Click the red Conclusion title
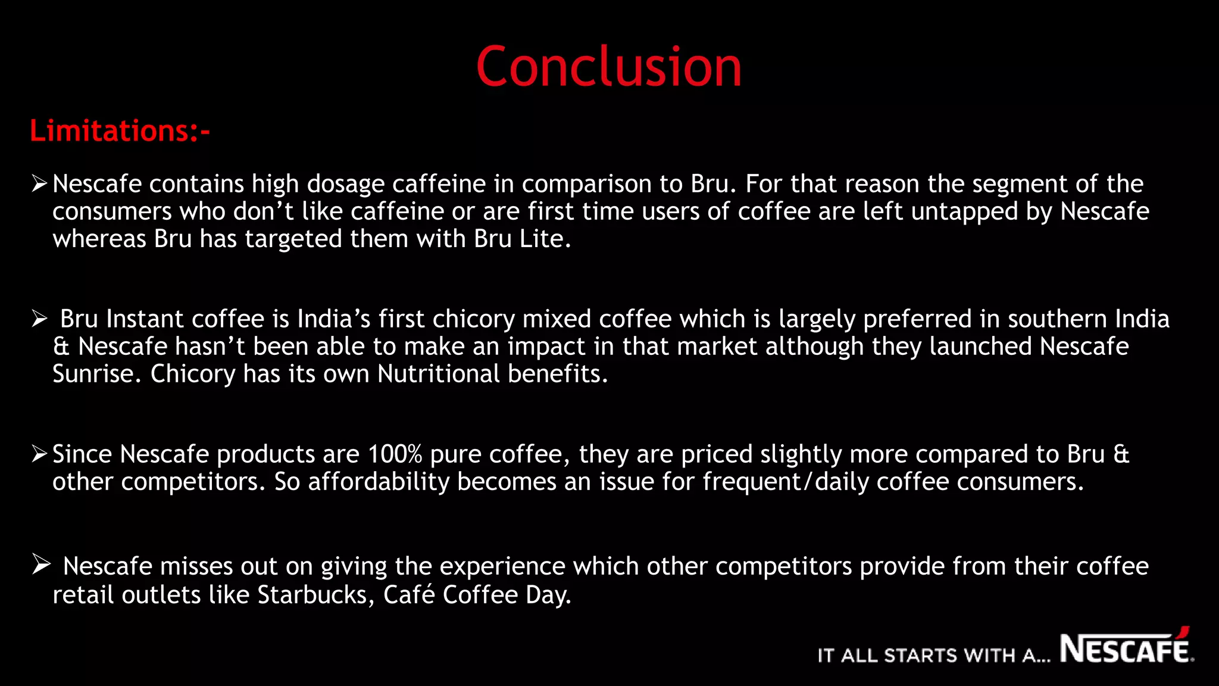tap(609, 67)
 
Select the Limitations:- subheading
tap(120, 131)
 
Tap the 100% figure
tap(395, 454)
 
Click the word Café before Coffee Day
tap(409, 595)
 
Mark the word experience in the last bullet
tap(502, 567)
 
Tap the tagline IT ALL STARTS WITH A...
tap(933, 656)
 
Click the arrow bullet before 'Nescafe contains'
tap(39, 183)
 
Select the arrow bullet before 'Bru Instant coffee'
tap(39, 319)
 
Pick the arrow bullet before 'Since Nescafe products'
tap(39, 454)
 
